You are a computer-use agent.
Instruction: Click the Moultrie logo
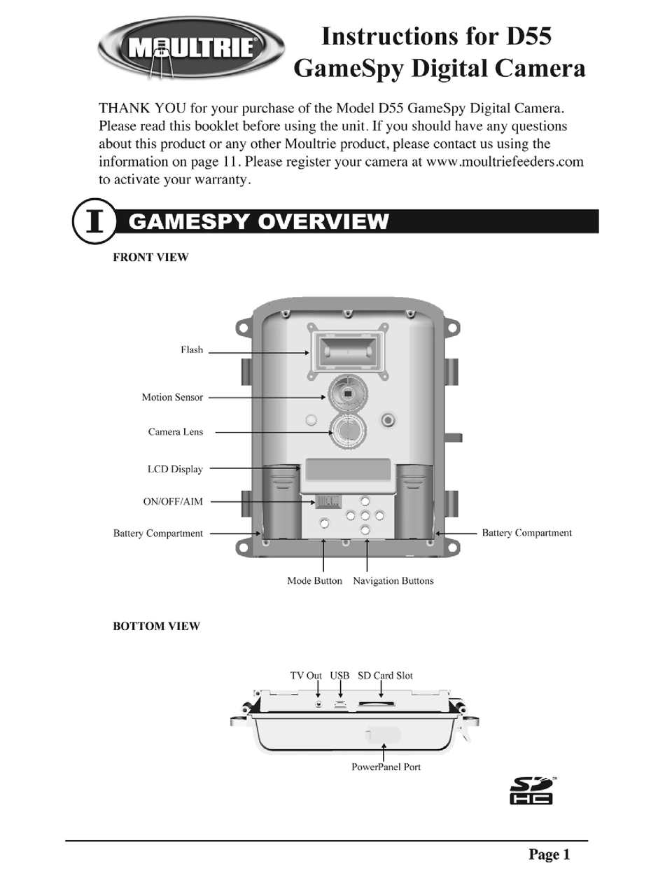191,48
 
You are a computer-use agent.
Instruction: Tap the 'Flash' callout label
192,350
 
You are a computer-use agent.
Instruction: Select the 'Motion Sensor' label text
172,397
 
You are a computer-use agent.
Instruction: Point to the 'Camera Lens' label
176,432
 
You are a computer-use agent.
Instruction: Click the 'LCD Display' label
175,469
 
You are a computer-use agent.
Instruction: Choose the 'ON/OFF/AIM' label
173,501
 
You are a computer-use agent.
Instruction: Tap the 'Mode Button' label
315,581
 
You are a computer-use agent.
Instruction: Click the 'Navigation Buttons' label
393,581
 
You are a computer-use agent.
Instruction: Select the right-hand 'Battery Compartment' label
526,533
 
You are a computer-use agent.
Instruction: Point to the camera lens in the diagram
348,431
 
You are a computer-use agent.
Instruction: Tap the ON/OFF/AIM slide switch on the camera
328,501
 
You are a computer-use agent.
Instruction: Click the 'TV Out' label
306,676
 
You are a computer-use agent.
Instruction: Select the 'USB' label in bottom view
339,676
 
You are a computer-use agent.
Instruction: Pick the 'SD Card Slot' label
385,676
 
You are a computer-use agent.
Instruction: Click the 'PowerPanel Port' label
386,767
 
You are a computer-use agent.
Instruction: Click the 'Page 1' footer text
549,854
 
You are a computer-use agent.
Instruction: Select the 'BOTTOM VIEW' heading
156,626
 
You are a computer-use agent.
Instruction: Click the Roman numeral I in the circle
94,221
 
